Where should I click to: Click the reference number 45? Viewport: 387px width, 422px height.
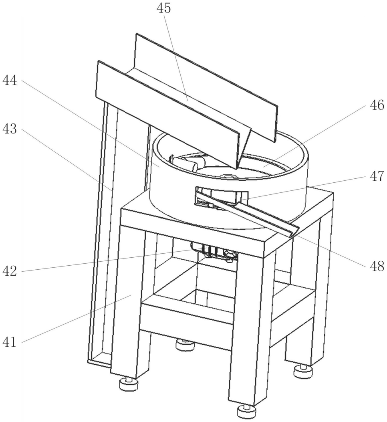[164, 8]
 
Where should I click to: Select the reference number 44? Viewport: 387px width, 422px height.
[10, 80]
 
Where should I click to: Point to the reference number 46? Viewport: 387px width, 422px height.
[377, 105]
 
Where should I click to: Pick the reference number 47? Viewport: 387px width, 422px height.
[377, 176]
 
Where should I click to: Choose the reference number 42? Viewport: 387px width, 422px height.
[10, 271]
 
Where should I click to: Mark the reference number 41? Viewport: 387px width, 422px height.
[10, 343]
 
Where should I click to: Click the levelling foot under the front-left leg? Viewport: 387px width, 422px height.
[129, 384]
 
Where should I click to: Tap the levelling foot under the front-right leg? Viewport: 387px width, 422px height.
[246, 410]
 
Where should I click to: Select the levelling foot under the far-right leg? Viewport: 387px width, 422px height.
[303, 371]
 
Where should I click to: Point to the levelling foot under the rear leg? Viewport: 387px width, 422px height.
[185, 344]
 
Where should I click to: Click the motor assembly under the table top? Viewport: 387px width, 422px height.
[214, 251]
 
